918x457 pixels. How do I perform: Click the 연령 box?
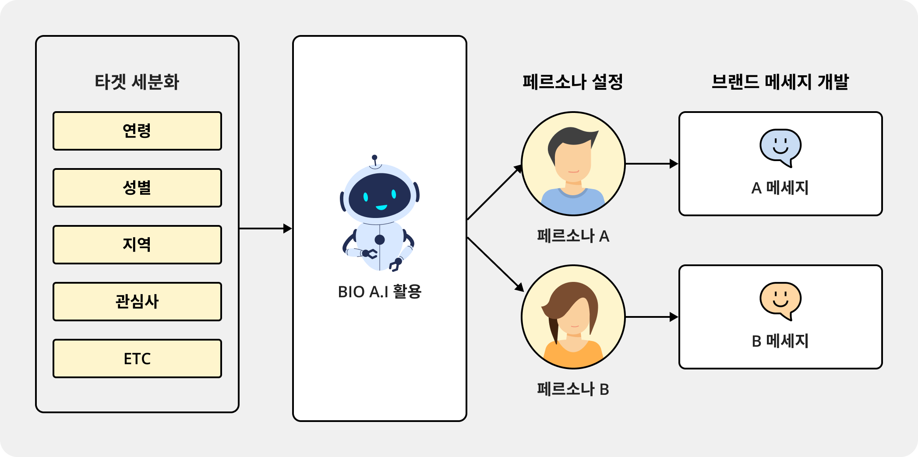tap(137, 131)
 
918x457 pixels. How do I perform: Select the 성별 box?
tap(137, 188)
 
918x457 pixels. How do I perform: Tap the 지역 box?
tap(137, 245)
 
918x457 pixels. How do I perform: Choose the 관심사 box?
tap(137, 302)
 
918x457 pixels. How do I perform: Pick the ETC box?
tap(137, 359)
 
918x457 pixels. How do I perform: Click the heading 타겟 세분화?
tap(137, 82)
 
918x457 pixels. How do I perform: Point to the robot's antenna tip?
tap(374, 157)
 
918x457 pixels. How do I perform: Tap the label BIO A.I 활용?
tap(379, 292)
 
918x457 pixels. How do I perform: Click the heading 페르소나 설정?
tap(573, 82)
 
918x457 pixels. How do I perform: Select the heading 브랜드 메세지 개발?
tap(780, 82)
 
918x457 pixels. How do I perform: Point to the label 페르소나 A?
tap(573, 236)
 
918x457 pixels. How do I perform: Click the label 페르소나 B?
tap(573, 389)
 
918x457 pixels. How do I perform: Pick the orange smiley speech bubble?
tap(780, 300)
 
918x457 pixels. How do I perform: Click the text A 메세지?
tap(780, 188)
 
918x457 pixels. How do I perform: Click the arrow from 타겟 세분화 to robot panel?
tap(265, 228)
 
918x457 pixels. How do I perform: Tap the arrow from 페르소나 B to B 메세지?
tap(651, 317)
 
